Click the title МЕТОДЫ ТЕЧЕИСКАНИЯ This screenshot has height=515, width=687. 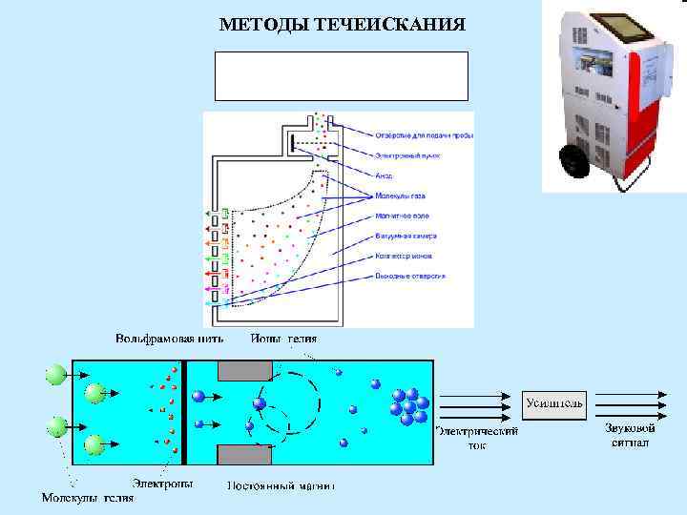tap(342, 24)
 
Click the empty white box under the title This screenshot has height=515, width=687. tap(342, 76)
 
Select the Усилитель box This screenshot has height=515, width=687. tap(554, 402)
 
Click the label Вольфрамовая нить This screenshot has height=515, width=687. tap(170, 339)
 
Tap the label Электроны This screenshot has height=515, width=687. tap(161, 484)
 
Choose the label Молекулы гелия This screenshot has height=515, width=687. tap(87, 497)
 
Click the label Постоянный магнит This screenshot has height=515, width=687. tap(281, 484)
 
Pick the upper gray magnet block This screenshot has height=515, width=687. tap(247, 370)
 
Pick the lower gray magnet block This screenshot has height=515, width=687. tap(247, 455)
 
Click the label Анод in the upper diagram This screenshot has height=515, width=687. tap(383, 176)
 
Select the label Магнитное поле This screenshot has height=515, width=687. tap(402, 216)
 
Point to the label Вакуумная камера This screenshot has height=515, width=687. tap(406, 236)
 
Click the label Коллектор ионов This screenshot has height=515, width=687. tap(406, 256)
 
